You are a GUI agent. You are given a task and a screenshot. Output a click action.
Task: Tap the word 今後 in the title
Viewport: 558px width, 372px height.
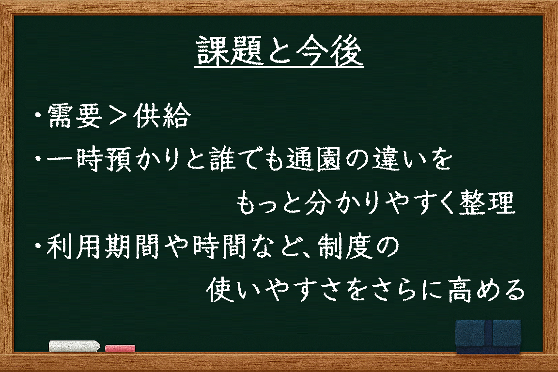point(329,51)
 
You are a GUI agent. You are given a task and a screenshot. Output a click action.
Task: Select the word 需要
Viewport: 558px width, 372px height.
point(75,116)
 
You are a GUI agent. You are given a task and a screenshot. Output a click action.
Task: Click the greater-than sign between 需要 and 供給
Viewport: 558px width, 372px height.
point(118,116)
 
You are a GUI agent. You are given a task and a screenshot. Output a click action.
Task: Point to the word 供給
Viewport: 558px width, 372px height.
point(162,116)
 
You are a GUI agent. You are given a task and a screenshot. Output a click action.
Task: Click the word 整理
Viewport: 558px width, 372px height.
point(487,202)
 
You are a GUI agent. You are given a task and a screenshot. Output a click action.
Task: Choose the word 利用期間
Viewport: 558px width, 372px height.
point(103,247)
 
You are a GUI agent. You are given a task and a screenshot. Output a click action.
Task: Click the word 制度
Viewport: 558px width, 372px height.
point(345,247)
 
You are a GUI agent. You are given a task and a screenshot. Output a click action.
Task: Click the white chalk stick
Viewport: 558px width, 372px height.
point(75,346)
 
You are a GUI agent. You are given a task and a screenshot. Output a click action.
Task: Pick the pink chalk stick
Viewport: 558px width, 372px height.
point(120,348)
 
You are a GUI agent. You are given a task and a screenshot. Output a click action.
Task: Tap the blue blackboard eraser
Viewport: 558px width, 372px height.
point(488,336)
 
